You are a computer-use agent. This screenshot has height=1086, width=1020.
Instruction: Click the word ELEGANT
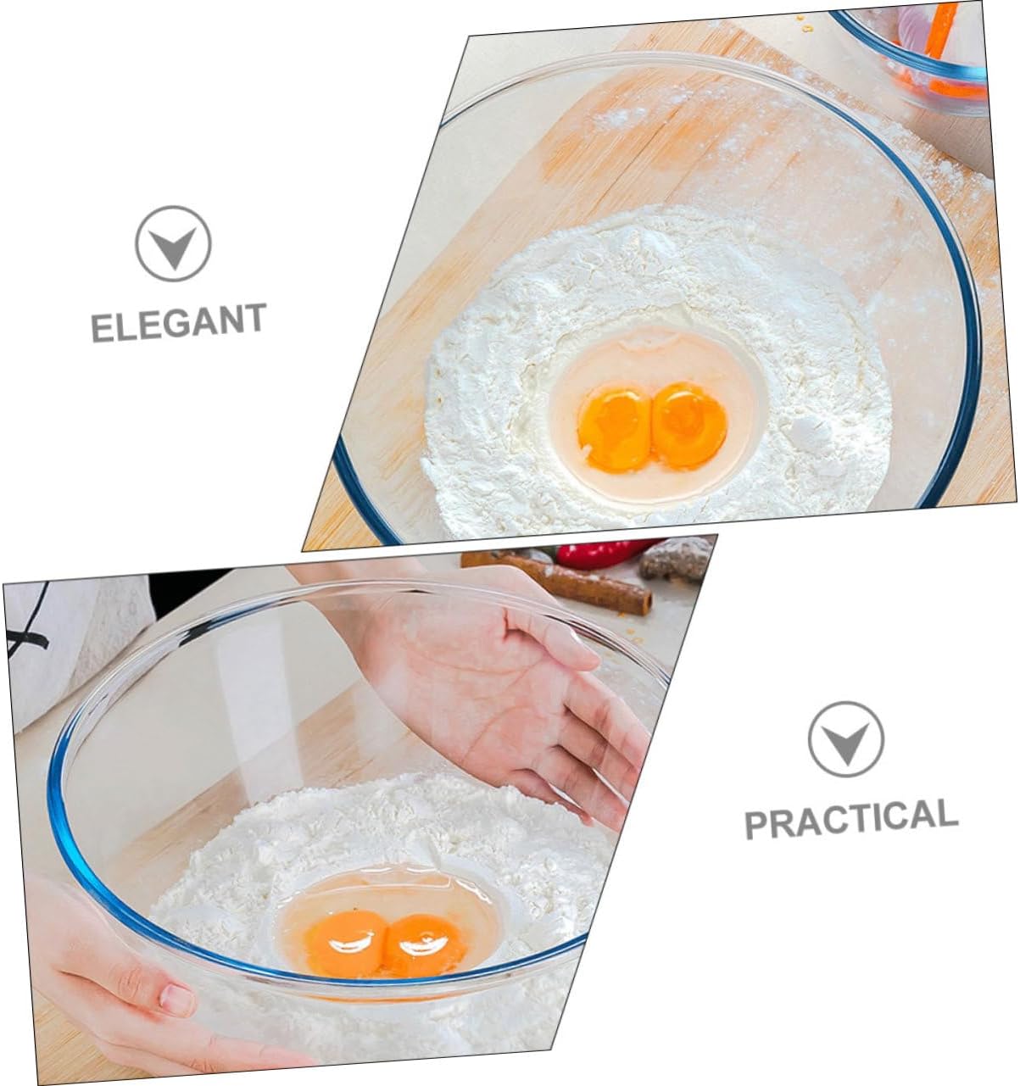tap(178, 322)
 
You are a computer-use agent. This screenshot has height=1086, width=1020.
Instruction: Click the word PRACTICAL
tap(850, 820)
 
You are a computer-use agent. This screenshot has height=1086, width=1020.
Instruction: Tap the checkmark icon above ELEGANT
tap(173, 243)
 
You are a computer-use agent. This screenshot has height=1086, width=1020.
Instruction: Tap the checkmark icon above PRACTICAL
tap(845, 739)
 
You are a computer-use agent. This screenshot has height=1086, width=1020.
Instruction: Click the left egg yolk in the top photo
tap(615, 429)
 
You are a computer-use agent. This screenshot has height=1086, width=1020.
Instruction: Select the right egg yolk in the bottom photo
tap(424, 943)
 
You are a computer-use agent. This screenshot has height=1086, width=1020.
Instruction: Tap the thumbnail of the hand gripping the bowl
tap(176, 1000)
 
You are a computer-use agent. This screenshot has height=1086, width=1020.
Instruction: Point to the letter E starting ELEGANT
tap(101, 329)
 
